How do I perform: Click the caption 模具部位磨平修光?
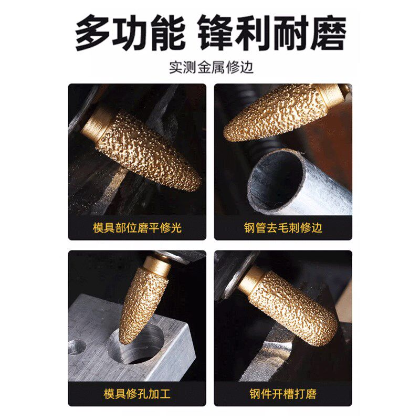pos(137,228)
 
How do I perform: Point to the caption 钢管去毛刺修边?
pos(283,228)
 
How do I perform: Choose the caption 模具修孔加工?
pos(137,394)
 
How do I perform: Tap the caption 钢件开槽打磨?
pos(283,394)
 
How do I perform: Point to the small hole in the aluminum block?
pos(77,346)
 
